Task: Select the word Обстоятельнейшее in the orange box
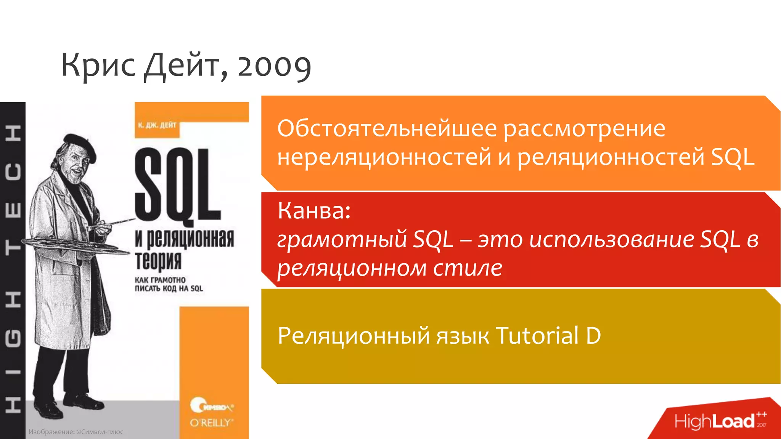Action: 387,128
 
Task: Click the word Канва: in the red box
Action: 314,210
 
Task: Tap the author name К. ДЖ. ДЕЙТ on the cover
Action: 157,125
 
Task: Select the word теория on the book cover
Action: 158,260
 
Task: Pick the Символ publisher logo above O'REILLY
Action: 212,406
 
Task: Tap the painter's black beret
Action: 80,144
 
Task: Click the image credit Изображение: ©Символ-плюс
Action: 76,432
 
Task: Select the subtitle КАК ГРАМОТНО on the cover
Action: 160,280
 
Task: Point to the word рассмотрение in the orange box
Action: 584,128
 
